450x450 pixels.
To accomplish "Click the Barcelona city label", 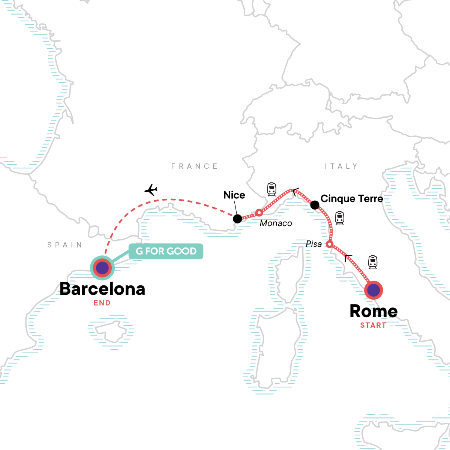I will [x=102, y=289].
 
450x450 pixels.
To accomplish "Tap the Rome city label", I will [x=373, y=311].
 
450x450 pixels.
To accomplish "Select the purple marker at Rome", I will [x=373, y=290].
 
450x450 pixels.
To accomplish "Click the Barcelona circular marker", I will [x=102, y=268].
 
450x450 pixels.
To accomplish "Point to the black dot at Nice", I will [x=237, y=219].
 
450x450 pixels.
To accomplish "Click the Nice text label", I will [x=234, y=195].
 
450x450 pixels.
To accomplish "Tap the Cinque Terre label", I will [x=352, y=199].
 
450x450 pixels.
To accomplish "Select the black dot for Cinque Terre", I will [x=315, y=205].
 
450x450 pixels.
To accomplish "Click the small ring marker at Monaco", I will [x=259, y=213].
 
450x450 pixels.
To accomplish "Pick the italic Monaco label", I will [x=276, y=223].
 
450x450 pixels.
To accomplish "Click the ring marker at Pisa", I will [x=329, y=244].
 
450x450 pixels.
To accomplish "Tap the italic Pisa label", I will [x=314, y=244].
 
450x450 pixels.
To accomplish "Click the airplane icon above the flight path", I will [x=151, y=190].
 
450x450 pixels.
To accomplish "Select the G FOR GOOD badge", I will [x=166, y=251].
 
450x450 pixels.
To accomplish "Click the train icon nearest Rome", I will [x=372, y=262].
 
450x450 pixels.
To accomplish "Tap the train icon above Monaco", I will [x=271, y=189].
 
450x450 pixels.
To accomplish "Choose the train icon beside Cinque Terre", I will [x=339, y=218].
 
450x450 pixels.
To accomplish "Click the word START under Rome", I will [x=373, y=325].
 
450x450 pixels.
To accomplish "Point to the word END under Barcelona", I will [x=102, y=303].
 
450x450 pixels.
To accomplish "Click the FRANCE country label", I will [x=194, y=166].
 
